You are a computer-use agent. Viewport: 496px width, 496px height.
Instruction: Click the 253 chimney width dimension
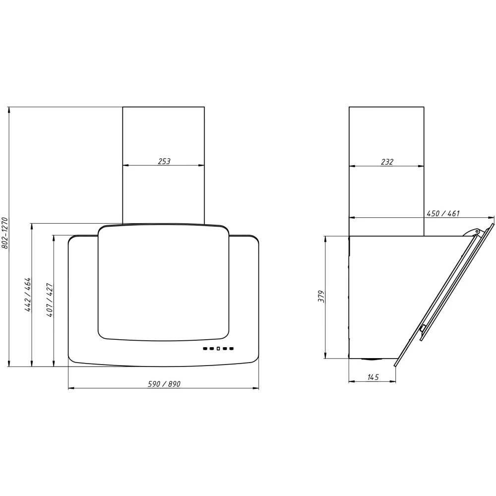click(164, 161)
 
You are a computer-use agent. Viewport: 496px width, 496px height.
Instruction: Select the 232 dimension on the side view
click(387, 162)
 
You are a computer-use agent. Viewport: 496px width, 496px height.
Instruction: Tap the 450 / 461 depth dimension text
click(443, 213)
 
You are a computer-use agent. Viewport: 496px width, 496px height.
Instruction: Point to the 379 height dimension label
click(321, 297)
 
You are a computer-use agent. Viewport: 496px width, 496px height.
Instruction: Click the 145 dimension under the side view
click(373, 377)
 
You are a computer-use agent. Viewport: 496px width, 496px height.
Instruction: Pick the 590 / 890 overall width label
click(164, 384)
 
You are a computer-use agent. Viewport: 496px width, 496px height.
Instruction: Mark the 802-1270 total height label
click(5, 233)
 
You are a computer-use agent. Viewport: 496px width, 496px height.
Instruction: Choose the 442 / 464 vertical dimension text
click(28, 295)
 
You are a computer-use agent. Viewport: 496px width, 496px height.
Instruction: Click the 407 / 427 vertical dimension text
click(50, 300)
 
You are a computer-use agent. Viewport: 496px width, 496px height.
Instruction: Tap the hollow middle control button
click(218, 349)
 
